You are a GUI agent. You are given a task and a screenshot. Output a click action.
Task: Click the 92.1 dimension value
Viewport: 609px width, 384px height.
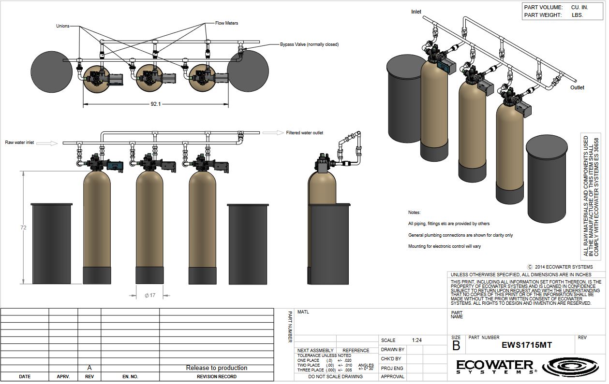(x=156, y=104)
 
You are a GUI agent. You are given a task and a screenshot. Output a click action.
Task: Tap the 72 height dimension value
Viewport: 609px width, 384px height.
(x=23, y=228)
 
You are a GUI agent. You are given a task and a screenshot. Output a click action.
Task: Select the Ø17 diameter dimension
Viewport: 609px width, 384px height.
(x=150, y=295)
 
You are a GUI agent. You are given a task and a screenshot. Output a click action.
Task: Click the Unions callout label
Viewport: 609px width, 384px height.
(x=63, y=26)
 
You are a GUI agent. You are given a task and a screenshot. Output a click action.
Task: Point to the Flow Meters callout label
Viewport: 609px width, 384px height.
(x=226, y=23)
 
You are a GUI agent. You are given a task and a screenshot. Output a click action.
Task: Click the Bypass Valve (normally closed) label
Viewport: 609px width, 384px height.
(x=310, y=44)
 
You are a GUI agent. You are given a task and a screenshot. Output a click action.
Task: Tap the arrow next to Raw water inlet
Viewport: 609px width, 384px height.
(x=47, y=143)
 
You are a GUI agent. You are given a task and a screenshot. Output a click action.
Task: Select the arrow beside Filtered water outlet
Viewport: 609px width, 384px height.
(x=273, y=133)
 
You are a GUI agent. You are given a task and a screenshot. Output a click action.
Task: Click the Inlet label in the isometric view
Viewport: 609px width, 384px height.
(x=416, y=12)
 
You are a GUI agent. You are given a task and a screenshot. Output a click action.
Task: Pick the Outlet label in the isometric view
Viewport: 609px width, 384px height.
(x=577, y=87)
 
